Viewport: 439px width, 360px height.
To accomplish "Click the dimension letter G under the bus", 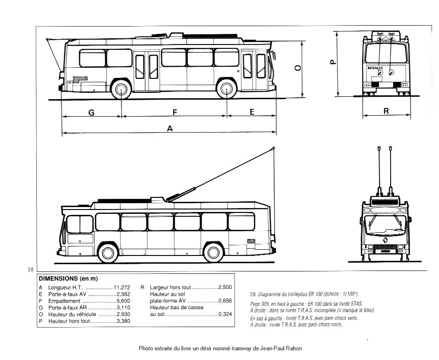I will click(91, 112).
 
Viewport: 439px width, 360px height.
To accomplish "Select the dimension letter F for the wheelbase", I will click(175, 112).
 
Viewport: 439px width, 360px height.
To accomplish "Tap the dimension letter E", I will click(252, 112).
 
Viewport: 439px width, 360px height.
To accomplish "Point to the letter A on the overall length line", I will click(170, 128).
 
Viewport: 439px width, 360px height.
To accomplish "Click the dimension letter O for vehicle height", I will click(298, 68).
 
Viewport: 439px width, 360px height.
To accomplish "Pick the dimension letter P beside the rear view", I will click(333, 62).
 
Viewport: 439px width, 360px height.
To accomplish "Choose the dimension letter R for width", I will click(386, 111).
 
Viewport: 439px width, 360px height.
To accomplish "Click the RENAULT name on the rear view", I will click(375, 68).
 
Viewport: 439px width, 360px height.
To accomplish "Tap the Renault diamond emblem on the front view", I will click(386, 240).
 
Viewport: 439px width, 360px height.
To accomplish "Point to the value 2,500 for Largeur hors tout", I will click(225, 287).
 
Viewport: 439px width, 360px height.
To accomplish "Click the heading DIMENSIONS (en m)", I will click(68, 279).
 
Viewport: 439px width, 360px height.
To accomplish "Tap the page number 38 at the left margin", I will click(30, 269).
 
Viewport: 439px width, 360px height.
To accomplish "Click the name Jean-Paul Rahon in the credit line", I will click(282, 348).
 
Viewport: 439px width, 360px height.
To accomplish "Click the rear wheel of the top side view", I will click(120, 90).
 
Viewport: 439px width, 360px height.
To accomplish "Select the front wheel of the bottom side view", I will click(108, 253).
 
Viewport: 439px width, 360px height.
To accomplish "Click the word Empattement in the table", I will click(61, 300).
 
